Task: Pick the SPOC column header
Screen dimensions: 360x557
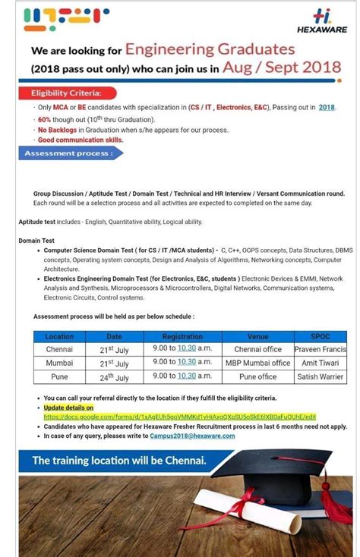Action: coord(321,336)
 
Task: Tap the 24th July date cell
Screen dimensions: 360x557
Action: coord(115,376)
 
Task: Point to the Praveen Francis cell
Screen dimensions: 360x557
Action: coord(321,349)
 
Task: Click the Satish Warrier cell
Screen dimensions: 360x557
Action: coord(321,376)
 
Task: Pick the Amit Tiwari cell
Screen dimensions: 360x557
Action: coord(321,363)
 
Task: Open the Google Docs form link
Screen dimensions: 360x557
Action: coord(179,417)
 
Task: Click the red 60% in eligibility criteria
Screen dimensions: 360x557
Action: coord(44,120)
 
